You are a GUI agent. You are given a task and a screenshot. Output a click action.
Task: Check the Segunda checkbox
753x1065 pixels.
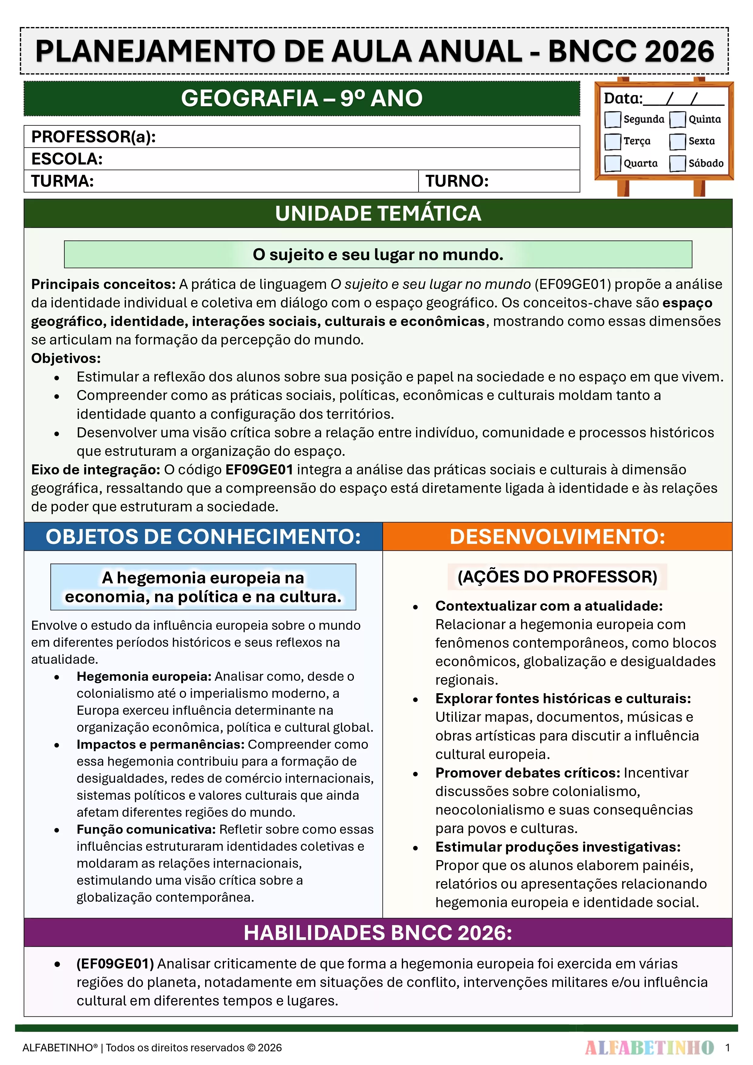coord(612,119)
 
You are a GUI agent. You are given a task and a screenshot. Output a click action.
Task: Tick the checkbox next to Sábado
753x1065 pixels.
coord(677,163)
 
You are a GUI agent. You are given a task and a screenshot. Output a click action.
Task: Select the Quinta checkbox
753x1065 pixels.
coord(677,119)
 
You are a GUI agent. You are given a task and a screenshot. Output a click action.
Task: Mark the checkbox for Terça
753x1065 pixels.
coord(612,141)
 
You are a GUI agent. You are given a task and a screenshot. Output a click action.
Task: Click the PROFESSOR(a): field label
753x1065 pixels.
coord(93,137)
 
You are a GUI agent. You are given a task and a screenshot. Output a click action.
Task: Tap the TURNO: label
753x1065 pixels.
coord(457,181)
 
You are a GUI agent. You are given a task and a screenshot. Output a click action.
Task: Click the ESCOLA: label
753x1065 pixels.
coord(67,159)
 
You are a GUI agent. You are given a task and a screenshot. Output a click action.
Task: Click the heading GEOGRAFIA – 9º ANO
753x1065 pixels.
coord(302,98)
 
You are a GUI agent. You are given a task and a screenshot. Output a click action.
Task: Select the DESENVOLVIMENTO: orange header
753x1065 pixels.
coord(557,537)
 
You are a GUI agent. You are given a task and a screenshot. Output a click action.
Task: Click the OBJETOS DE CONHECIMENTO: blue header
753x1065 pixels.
coord(203,537)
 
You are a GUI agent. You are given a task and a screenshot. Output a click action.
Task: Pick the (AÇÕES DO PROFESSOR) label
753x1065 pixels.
coord(557,577)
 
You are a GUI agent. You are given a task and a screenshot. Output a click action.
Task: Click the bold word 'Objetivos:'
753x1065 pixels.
coord(66,358)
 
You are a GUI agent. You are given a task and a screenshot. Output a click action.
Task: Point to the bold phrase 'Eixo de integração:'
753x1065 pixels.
coord(96,470)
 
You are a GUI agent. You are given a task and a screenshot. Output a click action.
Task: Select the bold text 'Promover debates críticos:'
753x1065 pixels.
coord(527,773)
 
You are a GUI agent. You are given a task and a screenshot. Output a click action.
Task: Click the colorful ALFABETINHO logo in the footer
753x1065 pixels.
coord(649,1047)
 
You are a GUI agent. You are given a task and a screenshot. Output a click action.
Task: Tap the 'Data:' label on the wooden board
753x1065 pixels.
coord(622,98)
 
